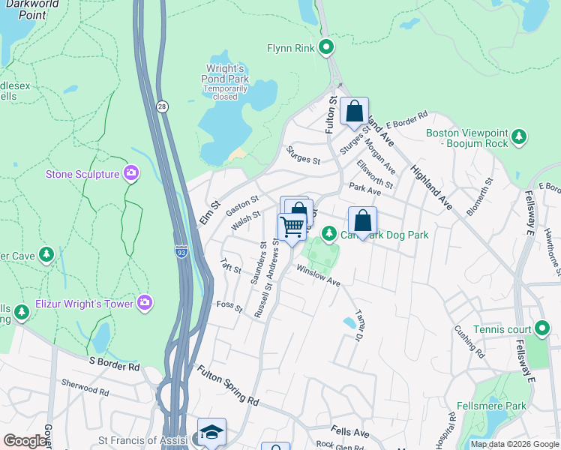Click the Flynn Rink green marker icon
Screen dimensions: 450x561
tap(326, 48)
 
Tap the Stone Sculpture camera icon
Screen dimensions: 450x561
tap(132, 174)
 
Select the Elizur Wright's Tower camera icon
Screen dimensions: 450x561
tap(145, 303)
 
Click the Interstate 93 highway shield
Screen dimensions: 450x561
tap(181, 251)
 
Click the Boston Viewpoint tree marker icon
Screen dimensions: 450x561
tap(518, 137)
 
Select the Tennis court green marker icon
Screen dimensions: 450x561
tap(542, 328)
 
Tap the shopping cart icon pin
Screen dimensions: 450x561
tap(292, 225)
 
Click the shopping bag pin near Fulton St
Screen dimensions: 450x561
tap(354, 111)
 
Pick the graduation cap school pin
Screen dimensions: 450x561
tap(211, 432)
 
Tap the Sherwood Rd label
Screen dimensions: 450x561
tap(85, 387)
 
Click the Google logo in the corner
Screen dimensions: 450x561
tap(25, 440)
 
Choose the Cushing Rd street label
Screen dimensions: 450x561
tap(469, 340)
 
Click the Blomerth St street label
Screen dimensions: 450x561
tap(478, 197)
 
